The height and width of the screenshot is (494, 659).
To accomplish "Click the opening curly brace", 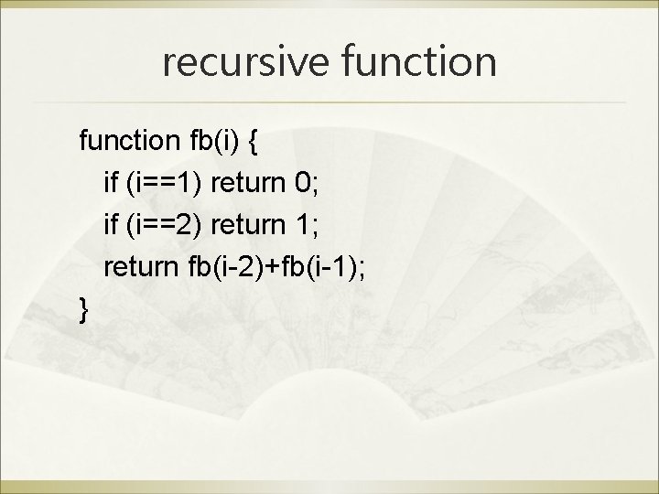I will click(x=255, y=143).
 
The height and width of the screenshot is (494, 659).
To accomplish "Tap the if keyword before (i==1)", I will click(x=111, y=185).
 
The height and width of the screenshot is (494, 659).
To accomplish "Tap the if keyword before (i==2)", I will click(x=111, y=226).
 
